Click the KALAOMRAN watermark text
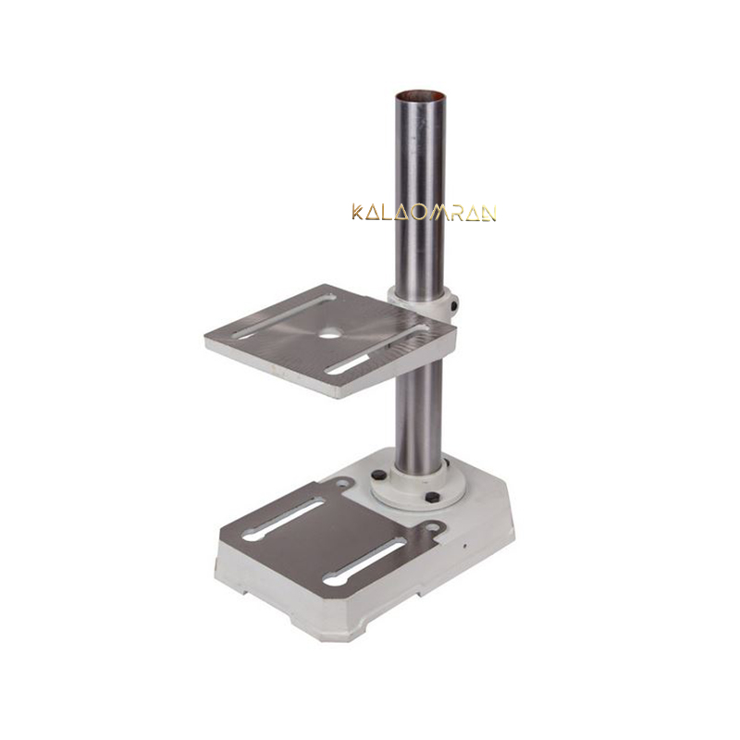424,213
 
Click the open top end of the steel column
420,95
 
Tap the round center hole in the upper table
329,333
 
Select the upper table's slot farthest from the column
283,316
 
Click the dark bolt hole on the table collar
454,306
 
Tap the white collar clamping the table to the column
424,302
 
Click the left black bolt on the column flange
378,475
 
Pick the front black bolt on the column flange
432,497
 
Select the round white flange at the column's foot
418,487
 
